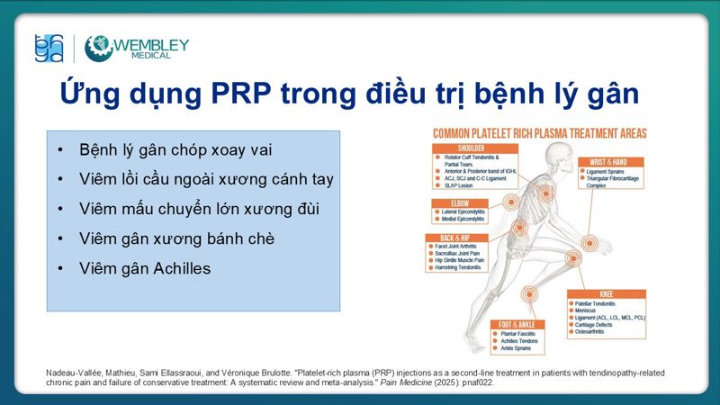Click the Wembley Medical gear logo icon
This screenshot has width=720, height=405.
tap(98, 48)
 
